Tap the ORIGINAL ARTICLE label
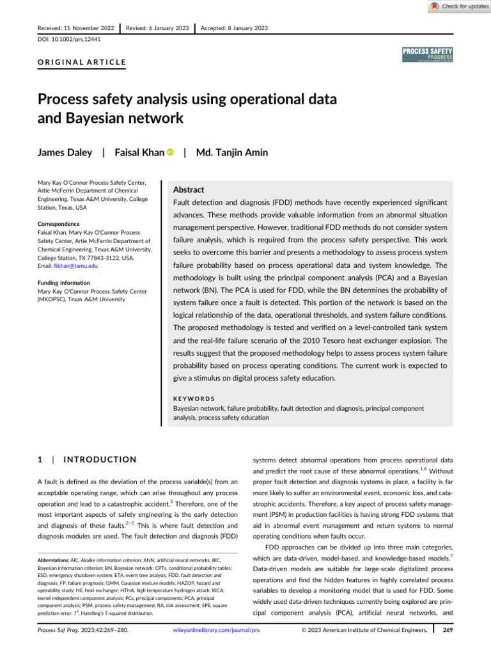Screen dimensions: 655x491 (82, 63)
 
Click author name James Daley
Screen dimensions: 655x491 (66, 153)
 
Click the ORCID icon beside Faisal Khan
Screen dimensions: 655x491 (170, 153)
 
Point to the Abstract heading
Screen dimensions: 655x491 (189, 190)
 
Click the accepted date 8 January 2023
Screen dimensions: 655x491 (244, 28)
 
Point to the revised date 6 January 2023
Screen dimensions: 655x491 (169, 28)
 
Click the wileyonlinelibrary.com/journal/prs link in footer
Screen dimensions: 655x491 (217, 647)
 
